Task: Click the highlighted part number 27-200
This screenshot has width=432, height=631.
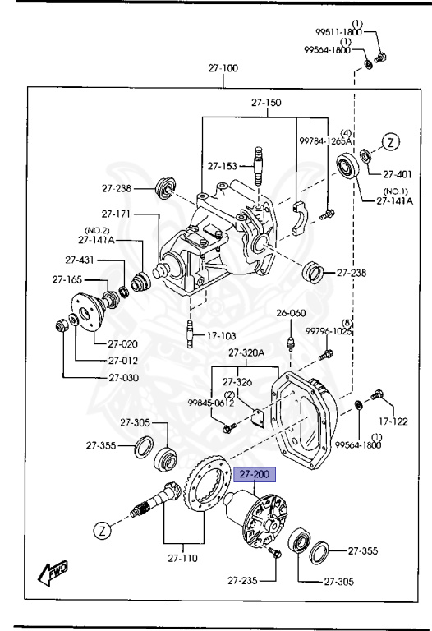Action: [x=254, y=475]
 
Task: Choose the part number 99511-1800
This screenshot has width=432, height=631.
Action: [x=338, y=32]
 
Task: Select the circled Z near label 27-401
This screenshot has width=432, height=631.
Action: [x=392, y=141]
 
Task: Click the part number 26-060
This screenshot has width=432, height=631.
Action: [x=290, y=313]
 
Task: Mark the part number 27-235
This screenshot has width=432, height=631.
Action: [x=242, y=581]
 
